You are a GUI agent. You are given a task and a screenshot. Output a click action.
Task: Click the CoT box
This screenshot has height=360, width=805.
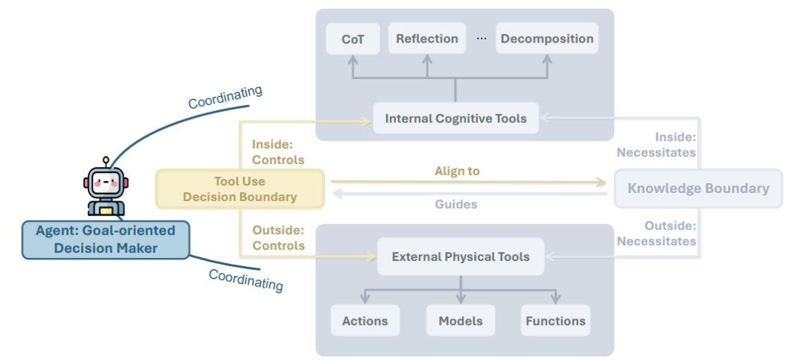353,39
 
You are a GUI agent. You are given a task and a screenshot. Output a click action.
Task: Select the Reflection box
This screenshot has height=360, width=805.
427,39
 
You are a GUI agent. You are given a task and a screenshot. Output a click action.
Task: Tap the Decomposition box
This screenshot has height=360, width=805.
547,39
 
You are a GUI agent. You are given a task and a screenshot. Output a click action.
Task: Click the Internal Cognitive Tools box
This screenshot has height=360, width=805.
456,119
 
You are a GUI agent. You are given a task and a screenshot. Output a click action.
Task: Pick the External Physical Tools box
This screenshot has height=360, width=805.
461,256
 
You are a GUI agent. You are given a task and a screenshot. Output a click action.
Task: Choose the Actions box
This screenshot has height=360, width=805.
365,321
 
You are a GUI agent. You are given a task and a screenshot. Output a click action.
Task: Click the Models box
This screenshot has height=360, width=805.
461,321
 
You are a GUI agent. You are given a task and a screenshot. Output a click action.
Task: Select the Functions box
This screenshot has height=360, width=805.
555,321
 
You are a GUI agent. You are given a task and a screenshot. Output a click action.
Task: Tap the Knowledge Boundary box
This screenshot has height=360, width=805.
698,189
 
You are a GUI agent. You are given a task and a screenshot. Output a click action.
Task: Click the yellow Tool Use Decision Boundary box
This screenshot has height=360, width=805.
240,189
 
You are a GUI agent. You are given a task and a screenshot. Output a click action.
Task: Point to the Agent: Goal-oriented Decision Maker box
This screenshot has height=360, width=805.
106,239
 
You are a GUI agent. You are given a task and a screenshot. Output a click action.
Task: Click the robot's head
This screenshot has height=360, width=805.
106,181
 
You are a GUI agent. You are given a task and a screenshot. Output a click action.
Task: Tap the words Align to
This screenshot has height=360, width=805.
457,171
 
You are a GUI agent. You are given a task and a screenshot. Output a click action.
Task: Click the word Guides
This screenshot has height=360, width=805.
456,204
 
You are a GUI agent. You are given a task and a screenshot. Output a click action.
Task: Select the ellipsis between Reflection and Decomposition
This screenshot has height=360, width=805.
481,39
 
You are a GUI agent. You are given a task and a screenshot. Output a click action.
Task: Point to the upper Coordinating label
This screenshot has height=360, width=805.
225,97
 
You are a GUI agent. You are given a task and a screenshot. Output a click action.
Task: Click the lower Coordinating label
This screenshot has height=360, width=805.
246,280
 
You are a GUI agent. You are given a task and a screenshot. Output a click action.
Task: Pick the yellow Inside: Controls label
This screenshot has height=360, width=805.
278,152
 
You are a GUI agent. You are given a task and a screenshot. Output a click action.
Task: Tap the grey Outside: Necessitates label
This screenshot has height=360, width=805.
656,233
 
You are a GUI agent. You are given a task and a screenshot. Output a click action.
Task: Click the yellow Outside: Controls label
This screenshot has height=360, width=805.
278,238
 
